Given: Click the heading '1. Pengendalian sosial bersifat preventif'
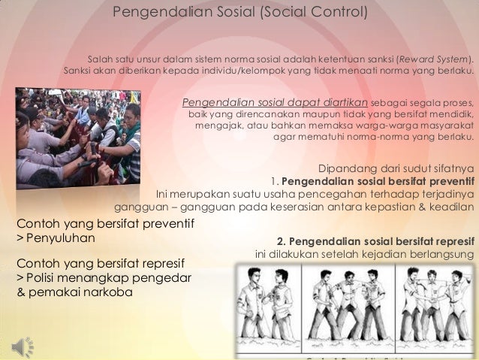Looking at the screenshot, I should [x=372, y=181].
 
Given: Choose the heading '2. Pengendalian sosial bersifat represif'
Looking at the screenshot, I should [x=375, y=241].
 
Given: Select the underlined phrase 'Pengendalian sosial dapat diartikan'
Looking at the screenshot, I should [x=275, y=102].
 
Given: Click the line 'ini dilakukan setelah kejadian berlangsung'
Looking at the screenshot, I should [x=365, y=253].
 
